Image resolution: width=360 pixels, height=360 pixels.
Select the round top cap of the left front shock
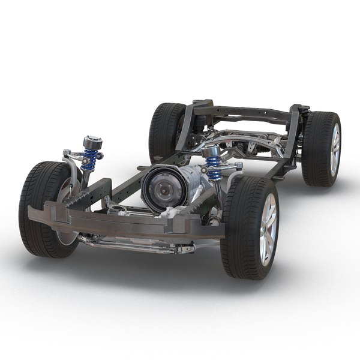92,143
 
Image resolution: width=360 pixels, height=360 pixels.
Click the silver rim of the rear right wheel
334,149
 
